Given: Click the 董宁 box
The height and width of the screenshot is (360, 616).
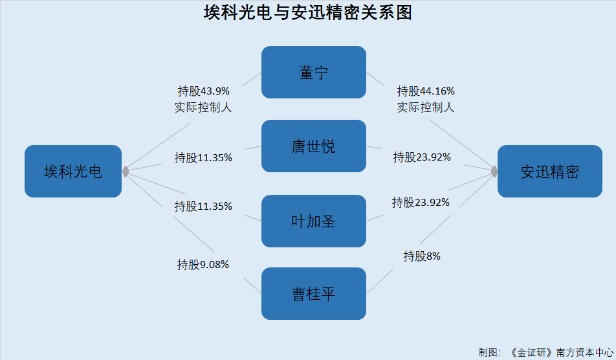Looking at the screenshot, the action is [x=313, y=73].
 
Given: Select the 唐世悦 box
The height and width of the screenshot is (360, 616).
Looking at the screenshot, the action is [x=313, y=146].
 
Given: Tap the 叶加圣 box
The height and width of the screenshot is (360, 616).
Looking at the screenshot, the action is [x=313, y=221].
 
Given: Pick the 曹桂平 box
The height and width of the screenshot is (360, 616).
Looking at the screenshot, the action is [x=313, y=293].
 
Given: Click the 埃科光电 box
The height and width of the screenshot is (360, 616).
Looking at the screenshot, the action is [x=73, y=172].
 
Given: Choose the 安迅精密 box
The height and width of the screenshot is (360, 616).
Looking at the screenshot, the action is [x=549, y=172].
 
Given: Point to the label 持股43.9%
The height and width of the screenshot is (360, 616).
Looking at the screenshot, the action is [x=203, y=91].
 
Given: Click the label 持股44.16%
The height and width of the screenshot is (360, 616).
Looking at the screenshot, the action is [x=426, y=91].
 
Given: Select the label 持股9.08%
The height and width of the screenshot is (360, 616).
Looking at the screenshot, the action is [x=203, y=265].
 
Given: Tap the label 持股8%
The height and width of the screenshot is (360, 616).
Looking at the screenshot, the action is [x=422, y=256].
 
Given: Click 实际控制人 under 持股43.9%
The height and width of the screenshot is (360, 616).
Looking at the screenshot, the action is [x=203, y=107].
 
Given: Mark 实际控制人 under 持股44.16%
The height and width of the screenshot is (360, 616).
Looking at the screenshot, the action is [x=426, y=107].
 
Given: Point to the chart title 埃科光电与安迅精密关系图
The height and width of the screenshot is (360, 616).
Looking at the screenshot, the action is [x=307, y=12].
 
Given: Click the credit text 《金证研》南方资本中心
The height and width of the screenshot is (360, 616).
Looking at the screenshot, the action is [x=561, y=352].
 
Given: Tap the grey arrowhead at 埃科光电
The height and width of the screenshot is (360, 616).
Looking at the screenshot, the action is [x=126, y=172].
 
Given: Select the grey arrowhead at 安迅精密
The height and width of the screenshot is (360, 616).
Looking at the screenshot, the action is [x=494, y=172].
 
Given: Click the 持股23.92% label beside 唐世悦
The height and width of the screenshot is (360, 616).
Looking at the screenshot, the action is [x=422, y=157].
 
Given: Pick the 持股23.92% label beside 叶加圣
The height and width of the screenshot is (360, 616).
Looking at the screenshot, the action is [x=421, y=203].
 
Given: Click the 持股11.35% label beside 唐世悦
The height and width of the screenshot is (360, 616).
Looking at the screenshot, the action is [x=203, y=158].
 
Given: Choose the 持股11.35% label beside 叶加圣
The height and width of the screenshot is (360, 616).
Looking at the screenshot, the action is [x=203, y=207].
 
